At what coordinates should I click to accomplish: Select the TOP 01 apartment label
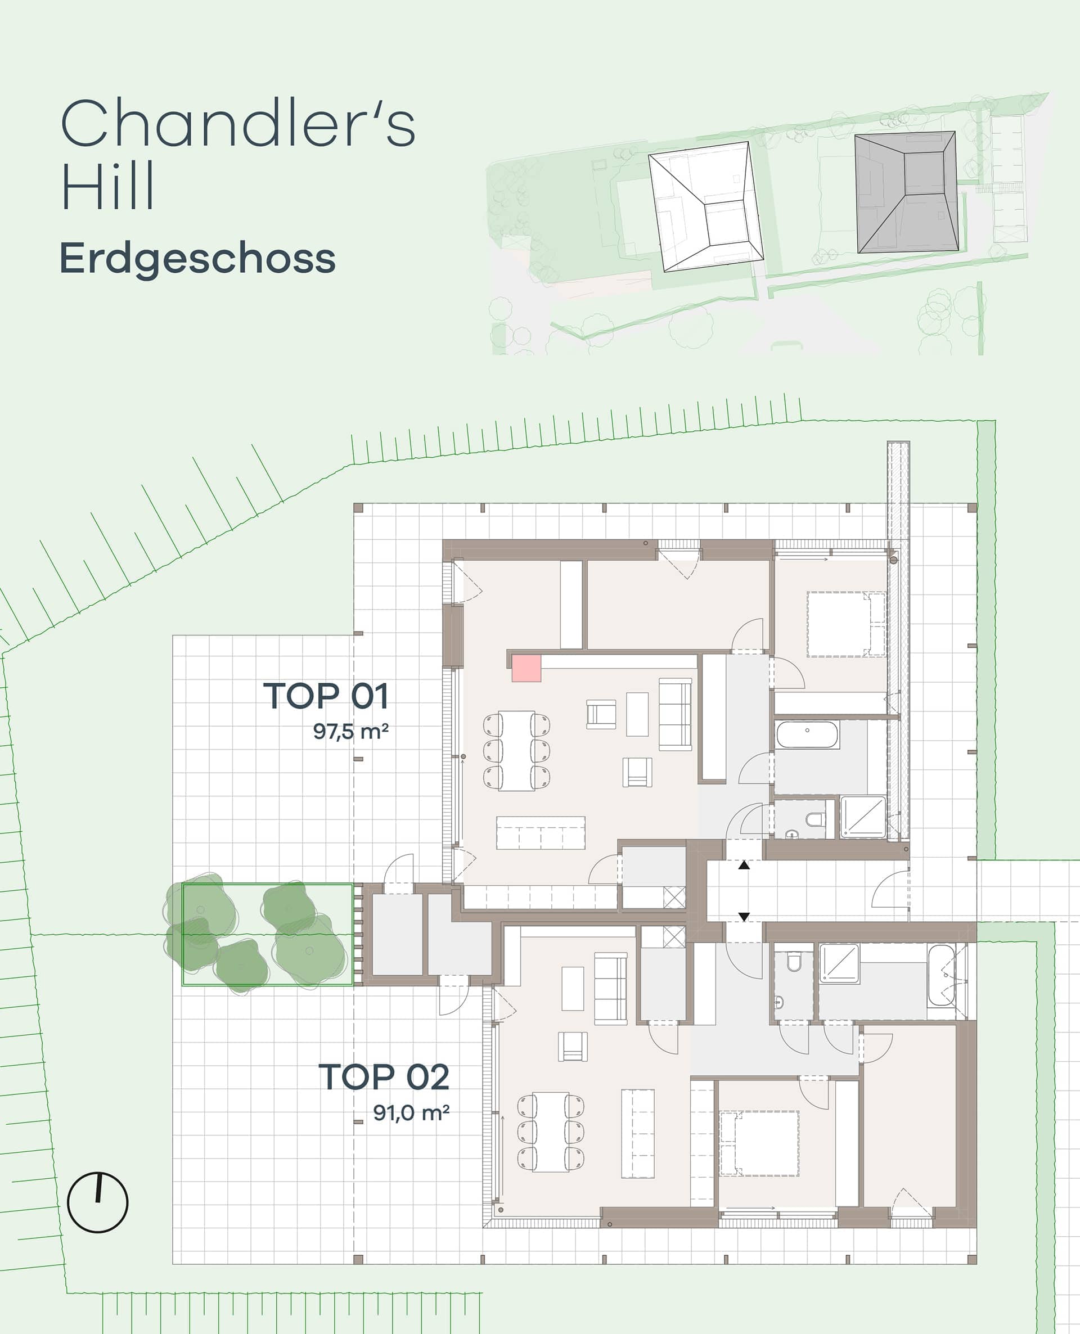point(326,696)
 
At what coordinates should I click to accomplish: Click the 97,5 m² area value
point(351,731)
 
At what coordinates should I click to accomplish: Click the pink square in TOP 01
point(526,668)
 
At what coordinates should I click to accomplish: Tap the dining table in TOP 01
point(516,751)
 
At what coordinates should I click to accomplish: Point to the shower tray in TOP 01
point(863,817)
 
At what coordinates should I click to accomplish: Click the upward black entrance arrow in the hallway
point(744,865)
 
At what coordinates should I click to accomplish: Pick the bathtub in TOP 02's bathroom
point(941,976)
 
